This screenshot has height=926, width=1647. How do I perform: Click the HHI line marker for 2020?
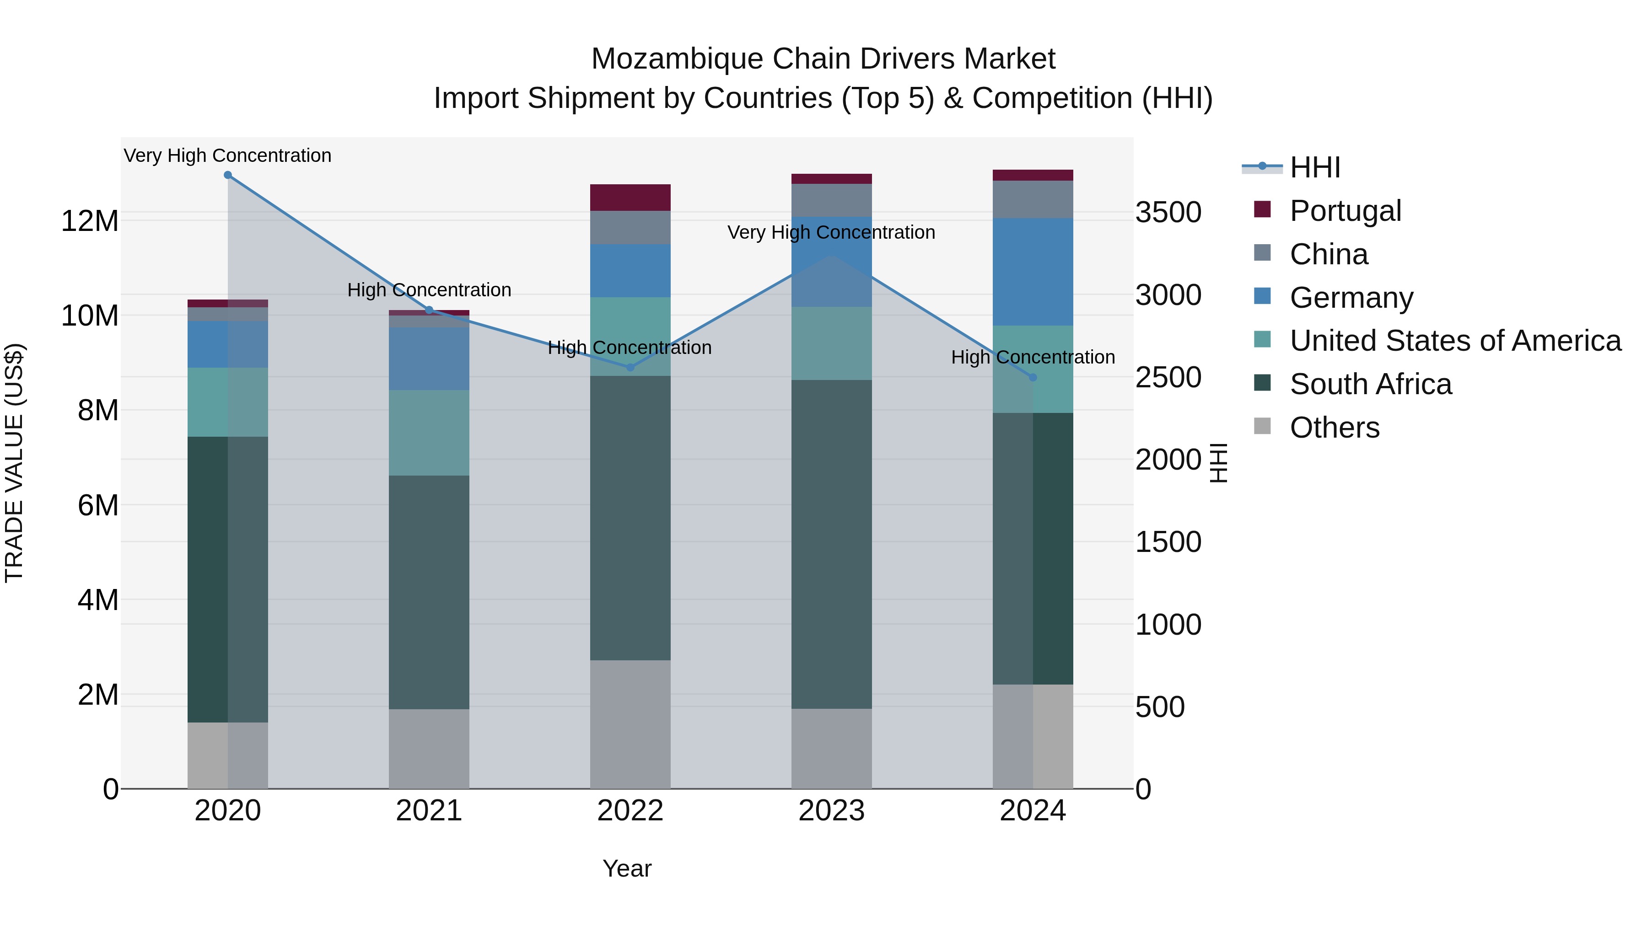(228, 175)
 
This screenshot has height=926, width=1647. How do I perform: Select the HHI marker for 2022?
(630, 368)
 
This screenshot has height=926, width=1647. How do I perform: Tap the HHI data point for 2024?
(1033, 378)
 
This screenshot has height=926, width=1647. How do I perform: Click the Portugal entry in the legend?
(1345, 211)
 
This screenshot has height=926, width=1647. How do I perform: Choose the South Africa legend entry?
(1370, 384)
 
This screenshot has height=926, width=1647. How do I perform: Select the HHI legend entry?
(1314, 167)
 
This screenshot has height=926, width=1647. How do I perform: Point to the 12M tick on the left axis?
(90, 221)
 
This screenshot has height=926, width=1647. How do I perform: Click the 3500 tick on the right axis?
(1168, 213)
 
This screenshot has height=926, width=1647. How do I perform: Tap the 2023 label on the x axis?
(831, 811)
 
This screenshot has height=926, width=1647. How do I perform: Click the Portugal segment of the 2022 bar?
(630, 198)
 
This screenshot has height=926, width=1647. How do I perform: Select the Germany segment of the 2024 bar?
(1033, 272)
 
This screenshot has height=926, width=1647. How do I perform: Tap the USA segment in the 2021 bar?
(429, 433)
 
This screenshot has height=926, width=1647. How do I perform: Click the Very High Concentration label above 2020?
(228, 155)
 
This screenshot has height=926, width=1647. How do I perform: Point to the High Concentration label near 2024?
(1033, 357)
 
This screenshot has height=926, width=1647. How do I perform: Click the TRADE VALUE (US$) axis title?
(14, 463)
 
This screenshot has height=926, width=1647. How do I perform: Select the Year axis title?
(627, 868)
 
